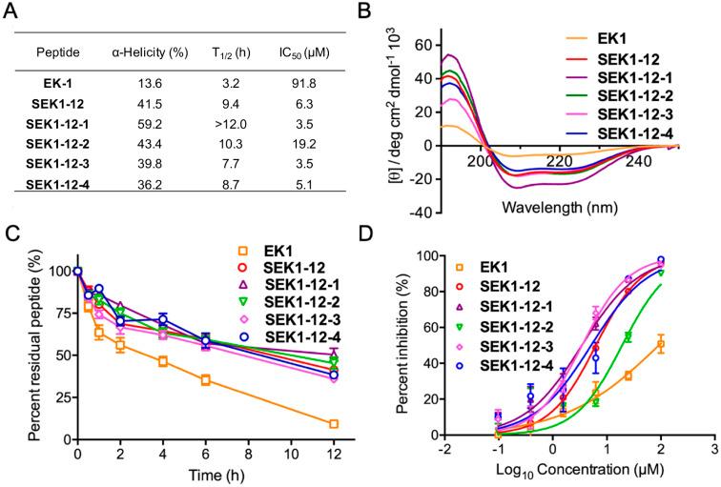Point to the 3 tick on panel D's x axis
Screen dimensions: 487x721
tap(690, 451)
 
